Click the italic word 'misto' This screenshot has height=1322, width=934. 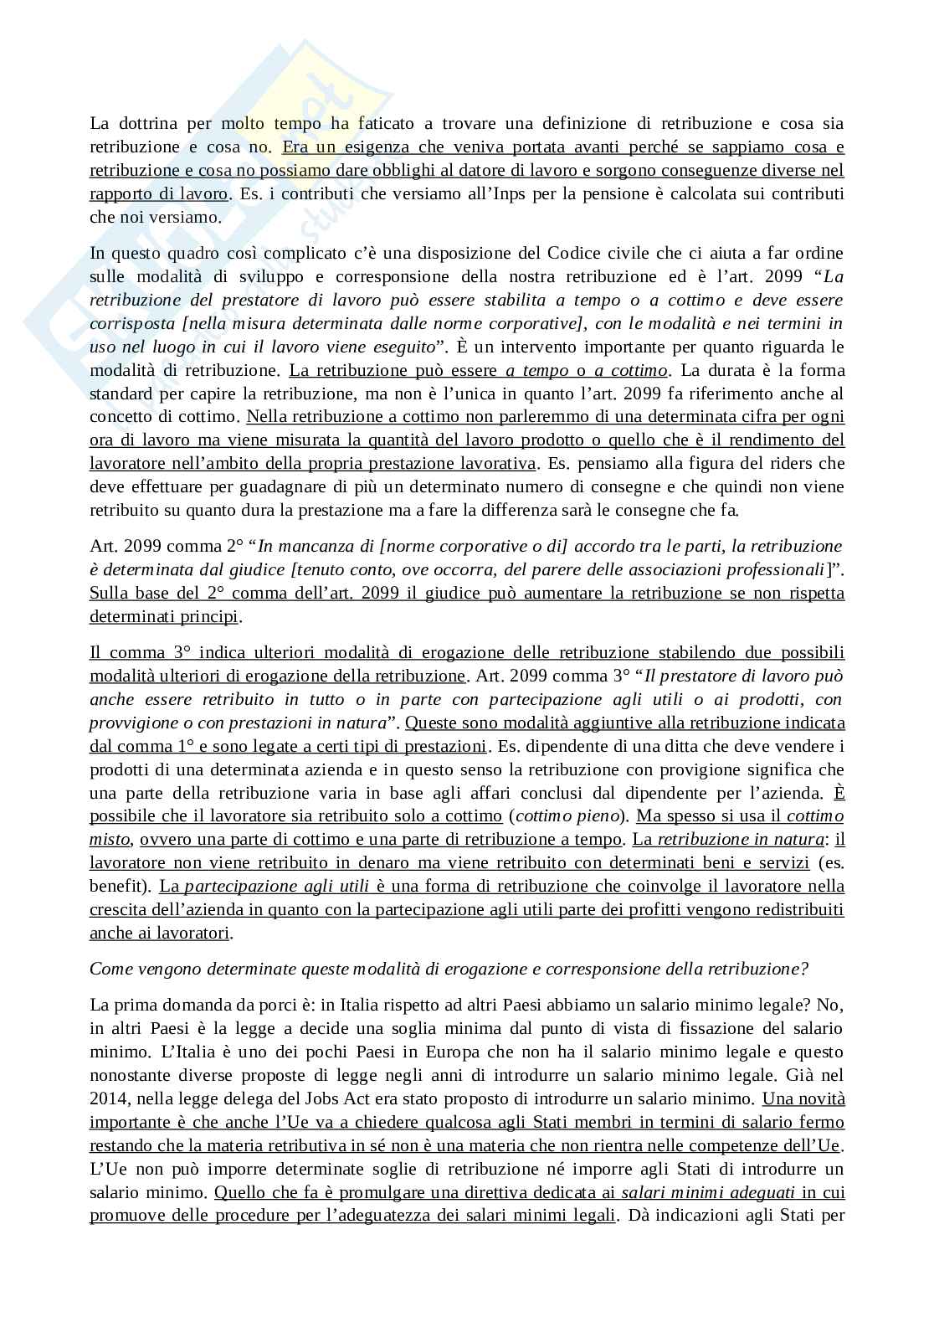click(109, 839)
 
